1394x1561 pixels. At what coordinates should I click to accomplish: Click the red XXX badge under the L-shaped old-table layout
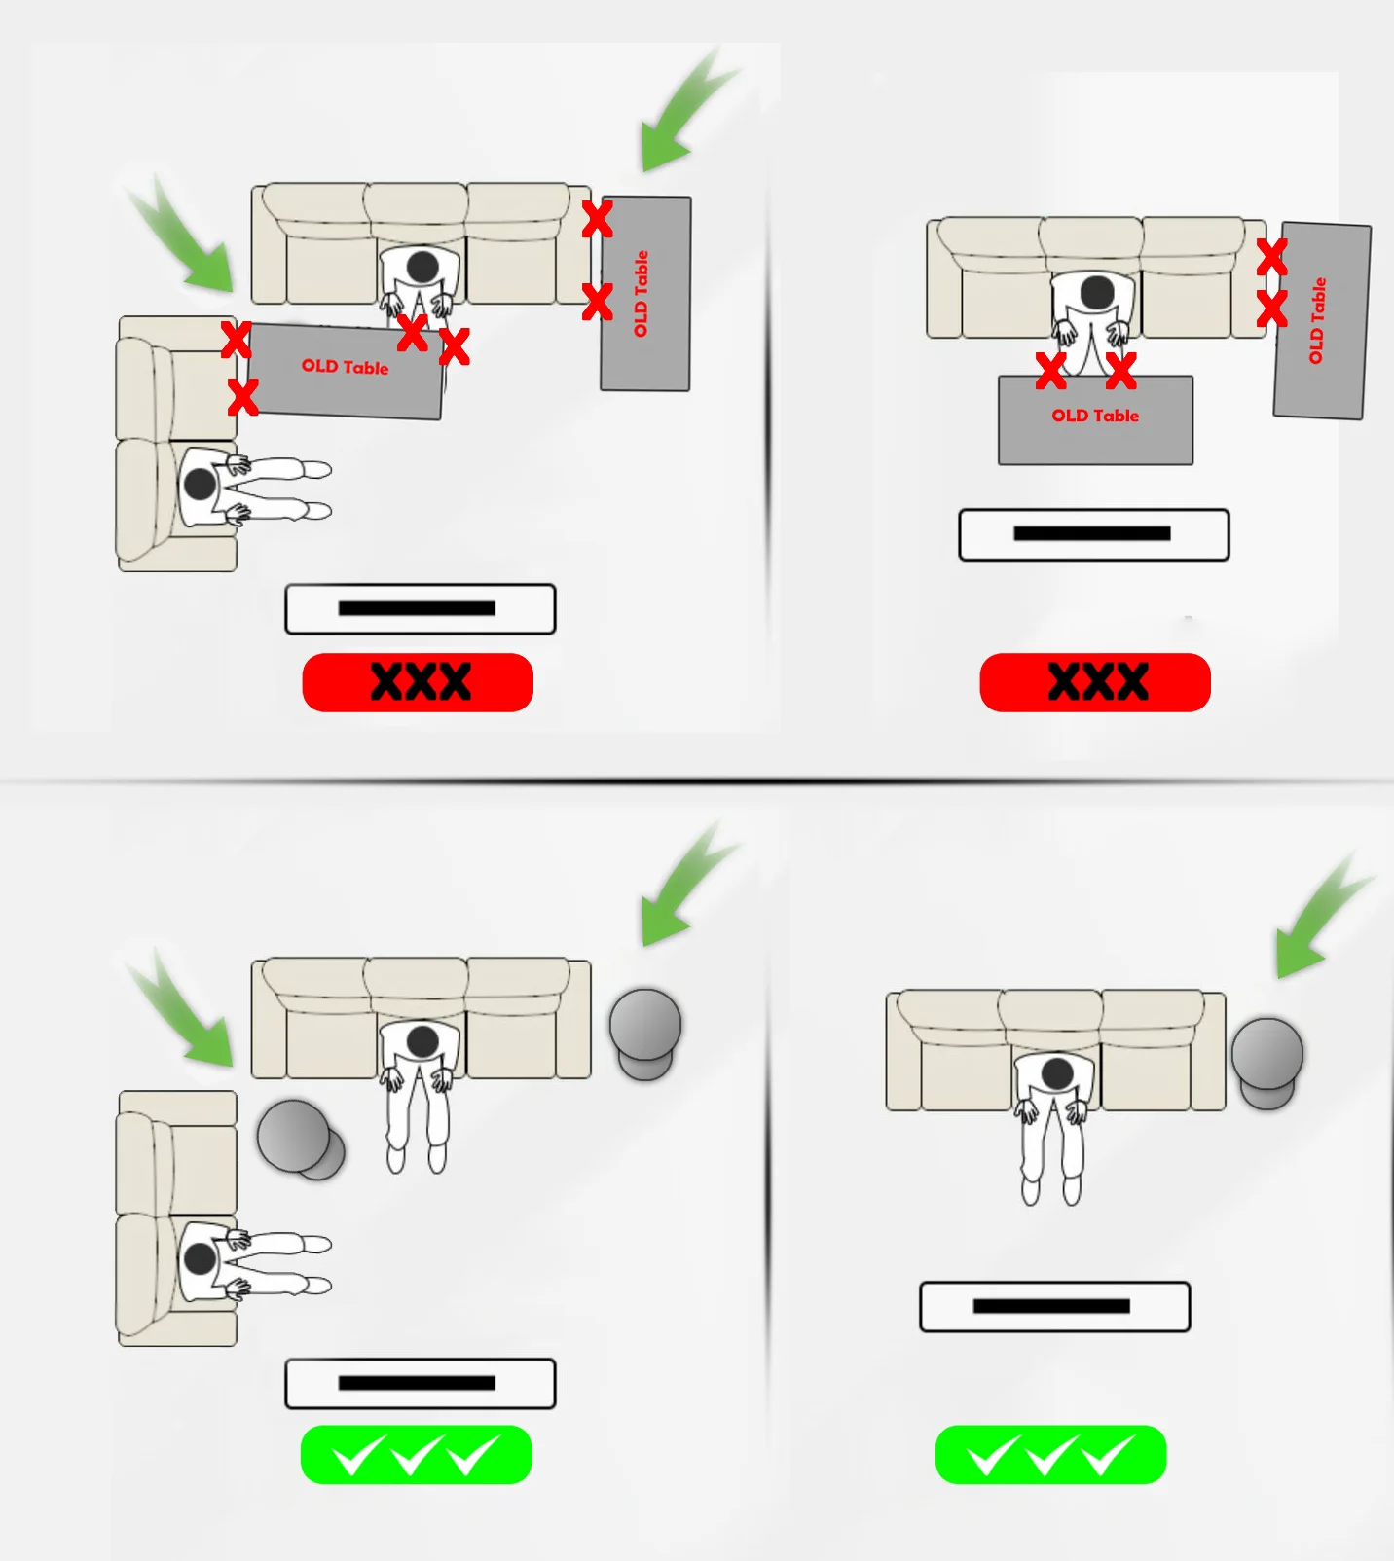[418, 682]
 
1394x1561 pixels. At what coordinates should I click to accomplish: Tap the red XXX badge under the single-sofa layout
[1095, 682]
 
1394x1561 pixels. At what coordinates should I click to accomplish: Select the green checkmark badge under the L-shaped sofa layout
[417, 1455]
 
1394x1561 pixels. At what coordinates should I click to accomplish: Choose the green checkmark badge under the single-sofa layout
[1050, 1455]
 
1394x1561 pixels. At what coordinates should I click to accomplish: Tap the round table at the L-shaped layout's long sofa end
[645, 1033]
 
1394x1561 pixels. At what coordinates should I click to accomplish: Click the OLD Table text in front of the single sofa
[1095, 416]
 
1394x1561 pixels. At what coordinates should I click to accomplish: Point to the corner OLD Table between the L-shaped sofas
[346, 371]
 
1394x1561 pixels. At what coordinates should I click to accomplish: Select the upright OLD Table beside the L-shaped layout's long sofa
[645, 293]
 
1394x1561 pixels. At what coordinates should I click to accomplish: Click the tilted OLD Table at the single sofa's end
[1322, 321]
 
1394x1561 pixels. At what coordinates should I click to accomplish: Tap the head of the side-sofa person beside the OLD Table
[200, 484]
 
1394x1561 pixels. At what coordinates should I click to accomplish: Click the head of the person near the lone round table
[1057, 1074]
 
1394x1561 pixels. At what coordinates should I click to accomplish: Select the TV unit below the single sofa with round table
[1054, 1306]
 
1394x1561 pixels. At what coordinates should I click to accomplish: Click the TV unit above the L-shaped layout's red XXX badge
[420, 609]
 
